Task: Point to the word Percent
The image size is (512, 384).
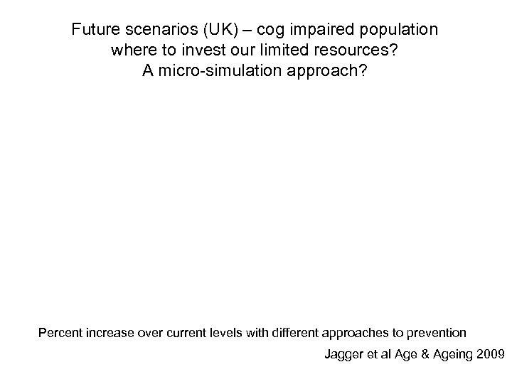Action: pos(62,332)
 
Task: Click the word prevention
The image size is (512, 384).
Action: pos(439,332)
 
